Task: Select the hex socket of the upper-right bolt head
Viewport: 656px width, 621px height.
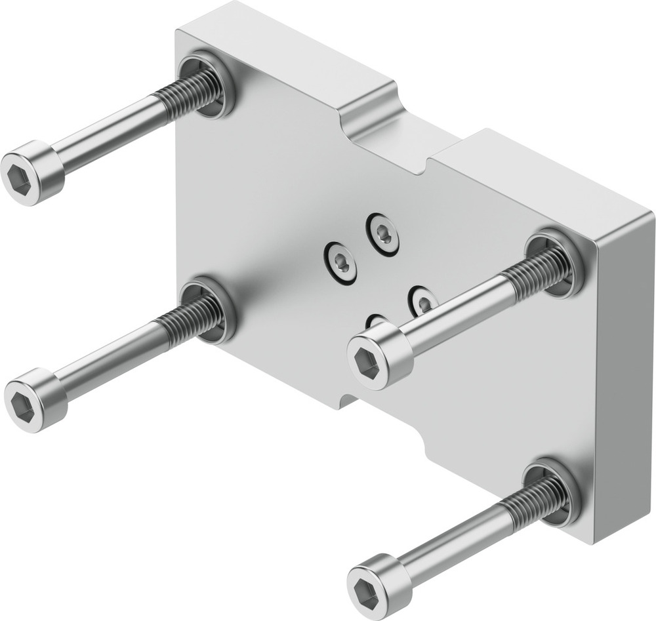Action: point(365,361)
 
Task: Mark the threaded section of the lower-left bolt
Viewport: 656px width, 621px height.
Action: point(190,317)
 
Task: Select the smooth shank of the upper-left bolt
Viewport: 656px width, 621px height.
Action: point(108,134)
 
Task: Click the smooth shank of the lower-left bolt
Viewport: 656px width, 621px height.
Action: point(108,361)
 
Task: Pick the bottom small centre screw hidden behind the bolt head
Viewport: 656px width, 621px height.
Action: point(377,321)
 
